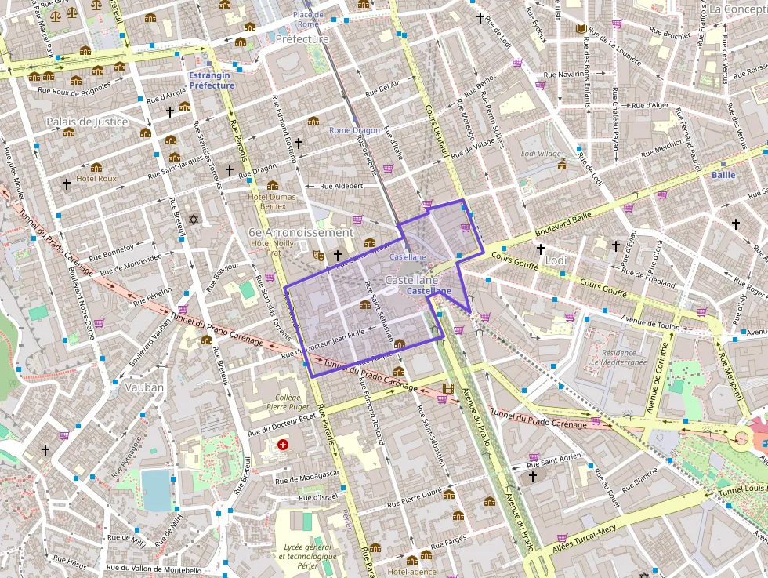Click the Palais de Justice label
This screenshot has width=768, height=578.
(x=87, y=122)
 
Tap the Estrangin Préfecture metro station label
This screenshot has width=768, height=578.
(x=212, y=80)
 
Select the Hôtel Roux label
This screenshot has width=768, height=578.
(x=96, y=179)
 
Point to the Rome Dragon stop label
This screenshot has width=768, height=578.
(x=354, y=130)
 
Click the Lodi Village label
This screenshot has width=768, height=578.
(x=541, y=154)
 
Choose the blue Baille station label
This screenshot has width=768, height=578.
(x=723, y=175)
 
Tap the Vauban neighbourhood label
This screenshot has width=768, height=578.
(x=143, y=387)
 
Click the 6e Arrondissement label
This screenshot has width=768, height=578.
(x=301, y=233)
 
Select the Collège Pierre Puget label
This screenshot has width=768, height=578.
(x=283, y=402)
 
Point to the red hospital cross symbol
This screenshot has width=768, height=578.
(x=283, y=445)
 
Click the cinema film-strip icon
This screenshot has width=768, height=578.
(x=447, y=388)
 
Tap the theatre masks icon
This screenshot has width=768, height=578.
(x=319, y=255)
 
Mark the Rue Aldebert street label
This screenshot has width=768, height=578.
(x=342, y=186)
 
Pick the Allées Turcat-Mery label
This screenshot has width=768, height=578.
(x=584, y=541)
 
